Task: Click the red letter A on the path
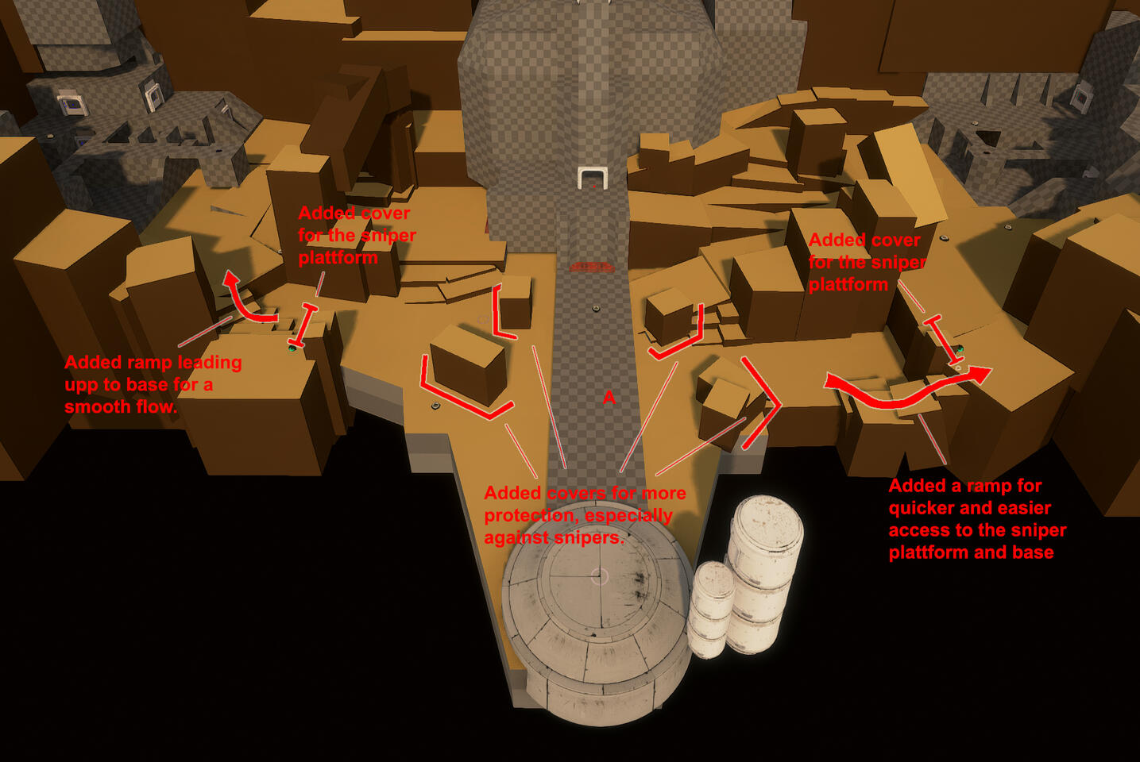(609, 398)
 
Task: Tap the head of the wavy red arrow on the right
(979, 375)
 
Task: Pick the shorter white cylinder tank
(710, 610)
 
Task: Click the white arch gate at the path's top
(593, 178)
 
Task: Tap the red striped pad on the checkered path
(591, 267)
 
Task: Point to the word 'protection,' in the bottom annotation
(529, 516)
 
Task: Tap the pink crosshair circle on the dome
(600, 576)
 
